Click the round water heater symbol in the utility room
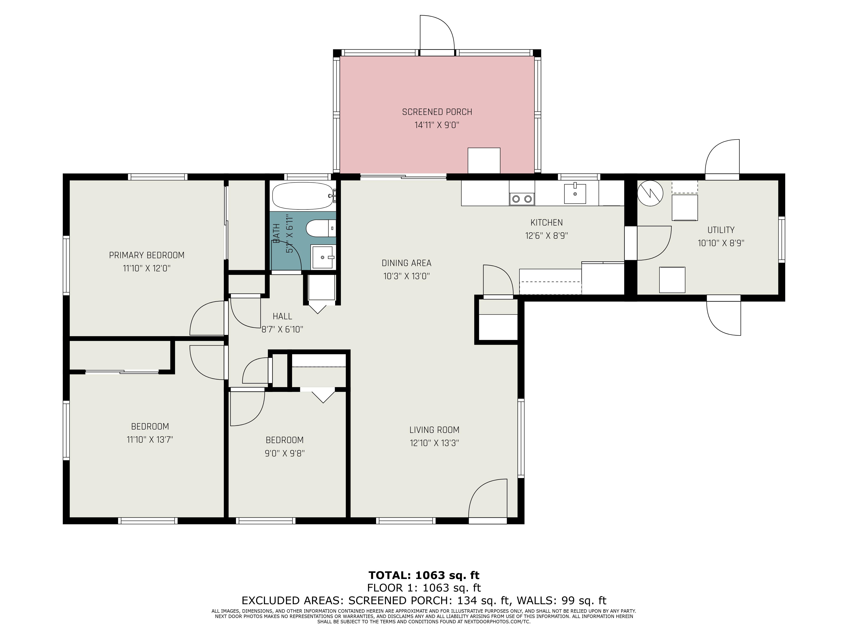pyautogui.click(x=650, y=193)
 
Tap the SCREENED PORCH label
pyautogui.click(x=437, y=112)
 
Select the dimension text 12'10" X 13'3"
pyautogui.click(x=434, y=443)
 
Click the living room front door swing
pyautogui.click(x=488, y=498)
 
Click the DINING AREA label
pyautogui.click(x=406, y=263)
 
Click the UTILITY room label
pyautogui.click(x=721, y=230)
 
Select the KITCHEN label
pyautogui.click(x=546, y=222)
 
